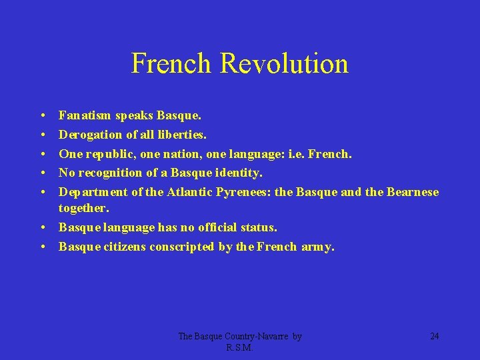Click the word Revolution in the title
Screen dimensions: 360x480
pos(284,63)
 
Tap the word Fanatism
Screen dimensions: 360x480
pos(85,116)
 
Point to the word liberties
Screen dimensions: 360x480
pos(179,135)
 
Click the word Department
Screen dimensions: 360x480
pos(89,192)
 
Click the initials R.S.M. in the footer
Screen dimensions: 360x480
pos(240,348)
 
